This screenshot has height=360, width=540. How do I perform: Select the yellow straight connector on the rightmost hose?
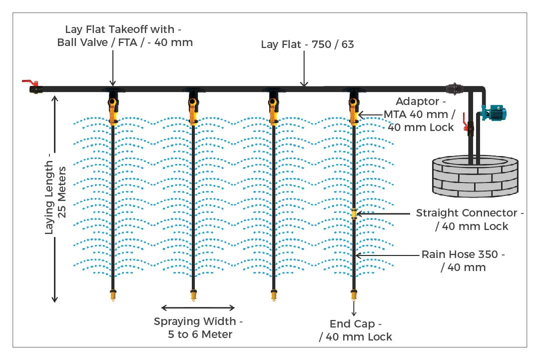354,213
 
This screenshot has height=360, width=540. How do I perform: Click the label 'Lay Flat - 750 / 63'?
307,44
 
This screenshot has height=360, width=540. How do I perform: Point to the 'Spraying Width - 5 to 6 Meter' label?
199,327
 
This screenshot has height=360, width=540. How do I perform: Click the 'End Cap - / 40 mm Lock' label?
355,330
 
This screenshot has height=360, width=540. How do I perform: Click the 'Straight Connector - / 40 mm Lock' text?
470,219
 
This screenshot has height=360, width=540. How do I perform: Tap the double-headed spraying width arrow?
198,307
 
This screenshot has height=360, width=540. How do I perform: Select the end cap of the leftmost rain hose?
113,295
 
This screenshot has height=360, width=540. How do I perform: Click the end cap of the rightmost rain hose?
354,295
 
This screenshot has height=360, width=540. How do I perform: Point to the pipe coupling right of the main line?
456,88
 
